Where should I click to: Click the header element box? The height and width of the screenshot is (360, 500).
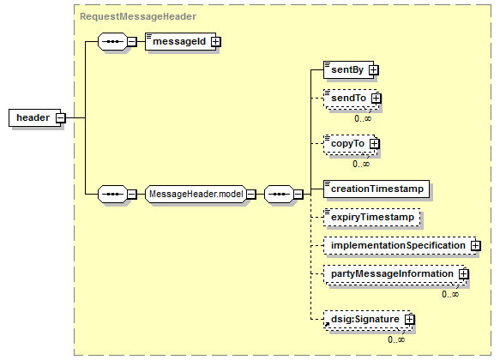[x=34, y=118]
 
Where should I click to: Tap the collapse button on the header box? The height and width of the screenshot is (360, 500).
[x=60, y=118]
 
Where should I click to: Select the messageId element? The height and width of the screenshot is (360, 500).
[x=180, y=41]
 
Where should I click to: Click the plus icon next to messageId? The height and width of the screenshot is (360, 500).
[x=216, y=42]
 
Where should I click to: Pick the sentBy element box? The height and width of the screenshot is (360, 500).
[x=348, y=69]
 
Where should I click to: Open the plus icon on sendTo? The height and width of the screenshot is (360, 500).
[x=376, y=98]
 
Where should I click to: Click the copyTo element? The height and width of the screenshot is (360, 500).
[x=350, y=144]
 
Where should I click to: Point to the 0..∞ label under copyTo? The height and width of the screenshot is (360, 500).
[x=361, y=164]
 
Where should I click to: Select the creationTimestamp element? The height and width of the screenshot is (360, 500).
[x=377, y=189]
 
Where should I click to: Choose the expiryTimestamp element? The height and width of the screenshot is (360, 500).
[x=372, y=217]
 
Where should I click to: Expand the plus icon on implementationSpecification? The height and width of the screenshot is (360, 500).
[x=475, y=246]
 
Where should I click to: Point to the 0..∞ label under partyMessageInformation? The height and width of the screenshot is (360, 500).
[x=450, y=294]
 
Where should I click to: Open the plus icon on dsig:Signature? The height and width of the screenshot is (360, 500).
[x=409, y=319]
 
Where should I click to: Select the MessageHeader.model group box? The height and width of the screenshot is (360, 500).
[x=196, y=194]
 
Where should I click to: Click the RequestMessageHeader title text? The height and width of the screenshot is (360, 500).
[x=138, y=16]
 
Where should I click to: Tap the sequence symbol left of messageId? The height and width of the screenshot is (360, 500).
[x=112, y=42]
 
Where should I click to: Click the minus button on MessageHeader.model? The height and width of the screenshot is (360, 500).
[x=251, y=194]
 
